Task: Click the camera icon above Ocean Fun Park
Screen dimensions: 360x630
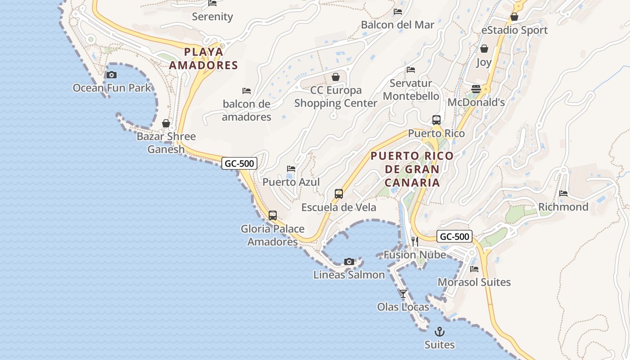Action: point(112,75)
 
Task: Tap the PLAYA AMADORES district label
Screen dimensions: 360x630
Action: point(203,58)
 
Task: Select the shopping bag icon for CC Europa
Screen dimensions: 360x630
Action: point(335,77)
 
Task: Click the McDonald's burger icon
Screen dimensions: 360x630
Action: point(476,89)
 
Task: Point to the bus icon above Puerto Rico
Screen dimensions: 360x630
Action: point(436,120)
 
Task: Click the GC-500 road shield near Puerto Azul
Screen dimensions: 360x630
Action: point(239,163)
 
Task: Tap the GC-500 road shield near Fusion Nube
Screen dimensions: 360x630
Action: point(454,237)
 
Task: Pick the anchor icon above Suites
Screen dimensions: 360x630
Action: point(439,332)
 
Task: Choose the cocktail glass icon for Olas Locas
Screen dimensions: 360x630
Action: point(403,294)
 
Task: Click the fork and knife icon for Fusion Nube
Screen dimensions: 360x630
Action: point(414,242)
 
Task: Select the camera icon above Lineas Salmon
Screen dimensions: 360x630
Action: point(349,261)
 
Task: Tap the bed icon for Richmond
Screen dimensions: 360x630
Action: point(563,193)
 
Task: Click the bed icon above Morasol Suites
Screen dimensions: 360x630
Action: point(474,269)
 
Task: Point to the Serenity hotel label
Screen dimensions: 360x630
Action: point(212,17)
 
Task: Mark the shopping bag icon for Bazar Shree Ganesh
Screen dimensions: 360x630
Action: point(166,123)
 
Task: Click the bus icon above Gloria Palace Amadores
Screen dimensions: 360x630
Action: point(273,216)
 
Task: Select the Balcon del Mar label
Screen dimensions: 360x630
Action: point(398,25)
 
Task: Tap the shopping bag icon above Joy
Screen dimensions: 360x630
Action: point(484,49)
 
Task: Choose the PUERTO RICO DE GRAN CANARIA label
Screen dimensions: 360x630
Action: point(412,169)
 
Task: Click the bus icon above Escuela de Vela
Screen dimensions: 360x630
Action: point(339,194)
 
